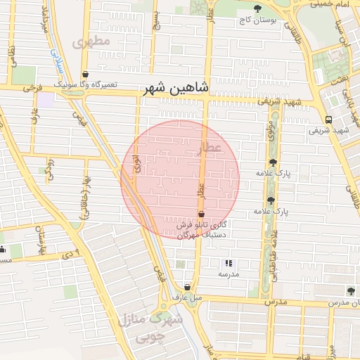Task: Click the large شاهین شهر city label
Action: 176,88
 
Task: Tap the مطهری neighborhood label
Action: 96,42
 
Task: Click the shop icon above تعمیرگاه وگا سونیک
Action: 85,73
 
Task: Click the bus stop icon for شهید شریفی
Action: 328,120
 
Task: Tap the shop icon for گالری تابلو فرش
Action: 202,213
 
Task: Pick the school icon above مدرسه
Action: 226,262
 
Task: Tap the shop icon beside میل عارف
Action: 187,287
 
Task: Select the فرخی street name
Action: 32,89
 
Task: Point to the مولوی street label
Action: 271,131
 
